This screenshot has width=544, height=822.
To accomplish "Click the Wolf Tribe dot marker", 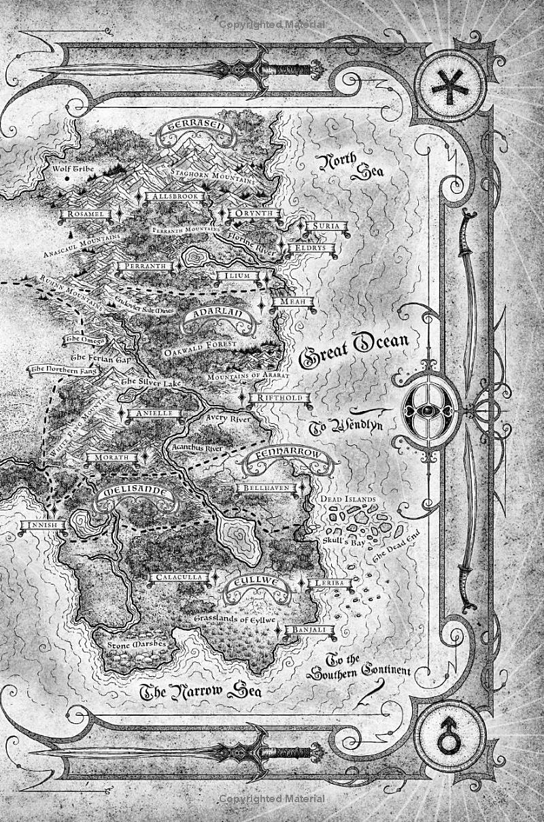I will (68, 180).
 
